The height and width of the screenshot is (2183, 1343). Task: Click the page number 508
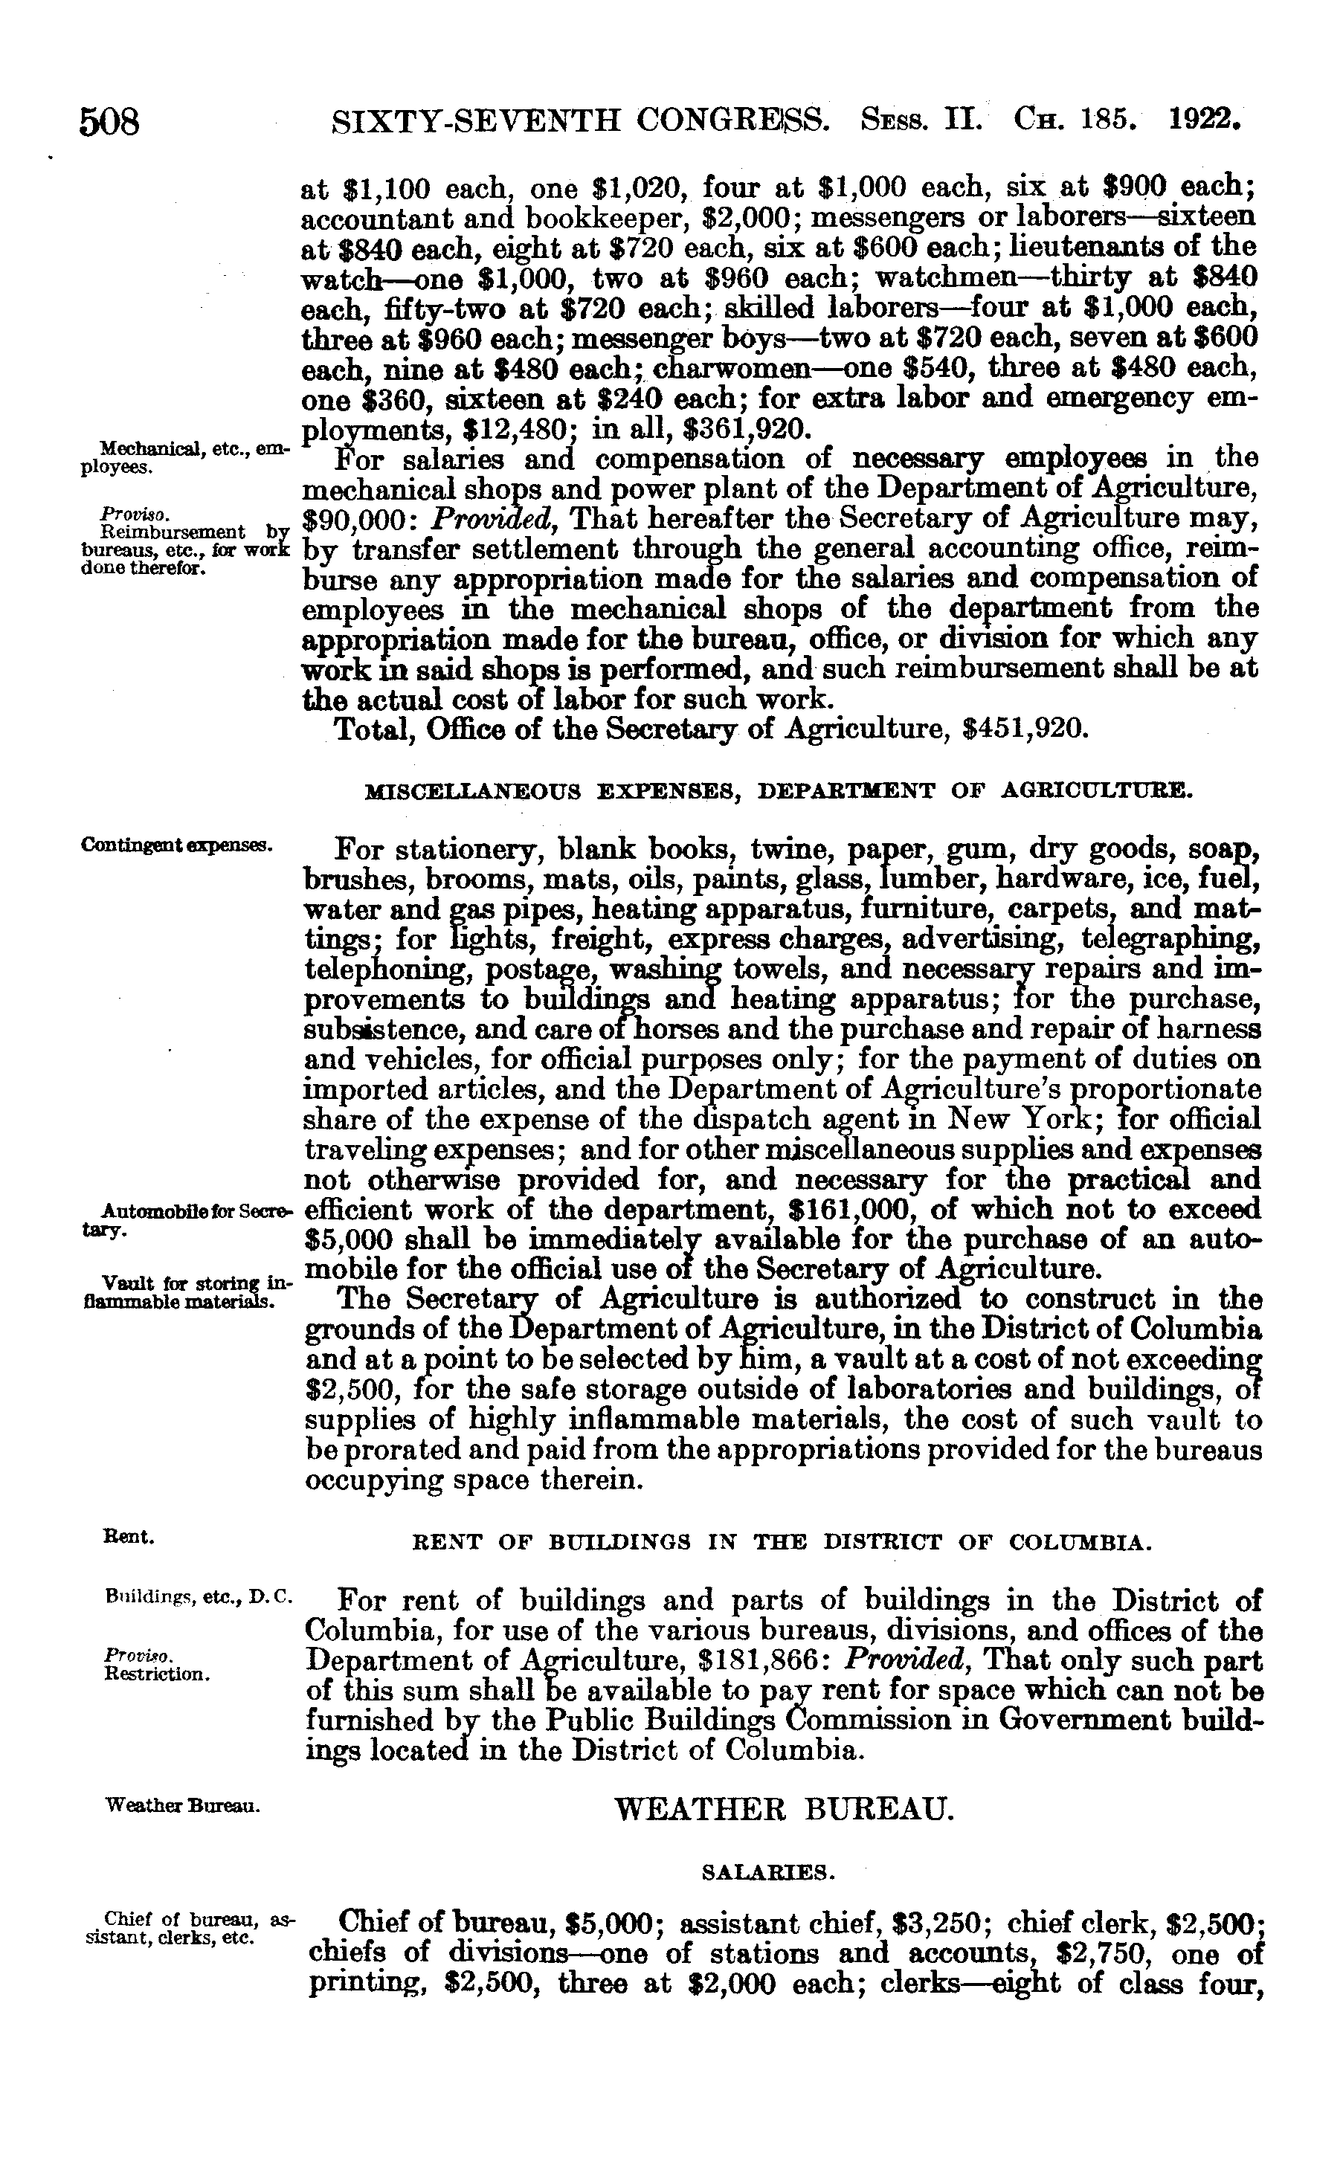pyautogui.click(x=110, y=122)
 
